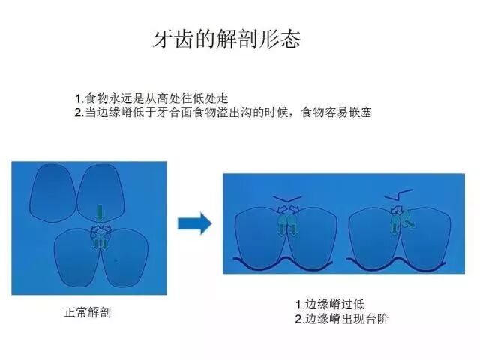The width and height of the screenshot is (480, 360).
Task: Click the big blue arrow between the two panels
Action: click(x=194, y=223)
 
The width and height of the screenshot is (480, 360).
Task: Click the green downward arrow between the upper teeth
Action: click(x=100, y=212)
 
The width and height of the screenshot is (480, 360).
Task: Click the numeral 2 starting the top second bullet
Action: click(x=78, y=112)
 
